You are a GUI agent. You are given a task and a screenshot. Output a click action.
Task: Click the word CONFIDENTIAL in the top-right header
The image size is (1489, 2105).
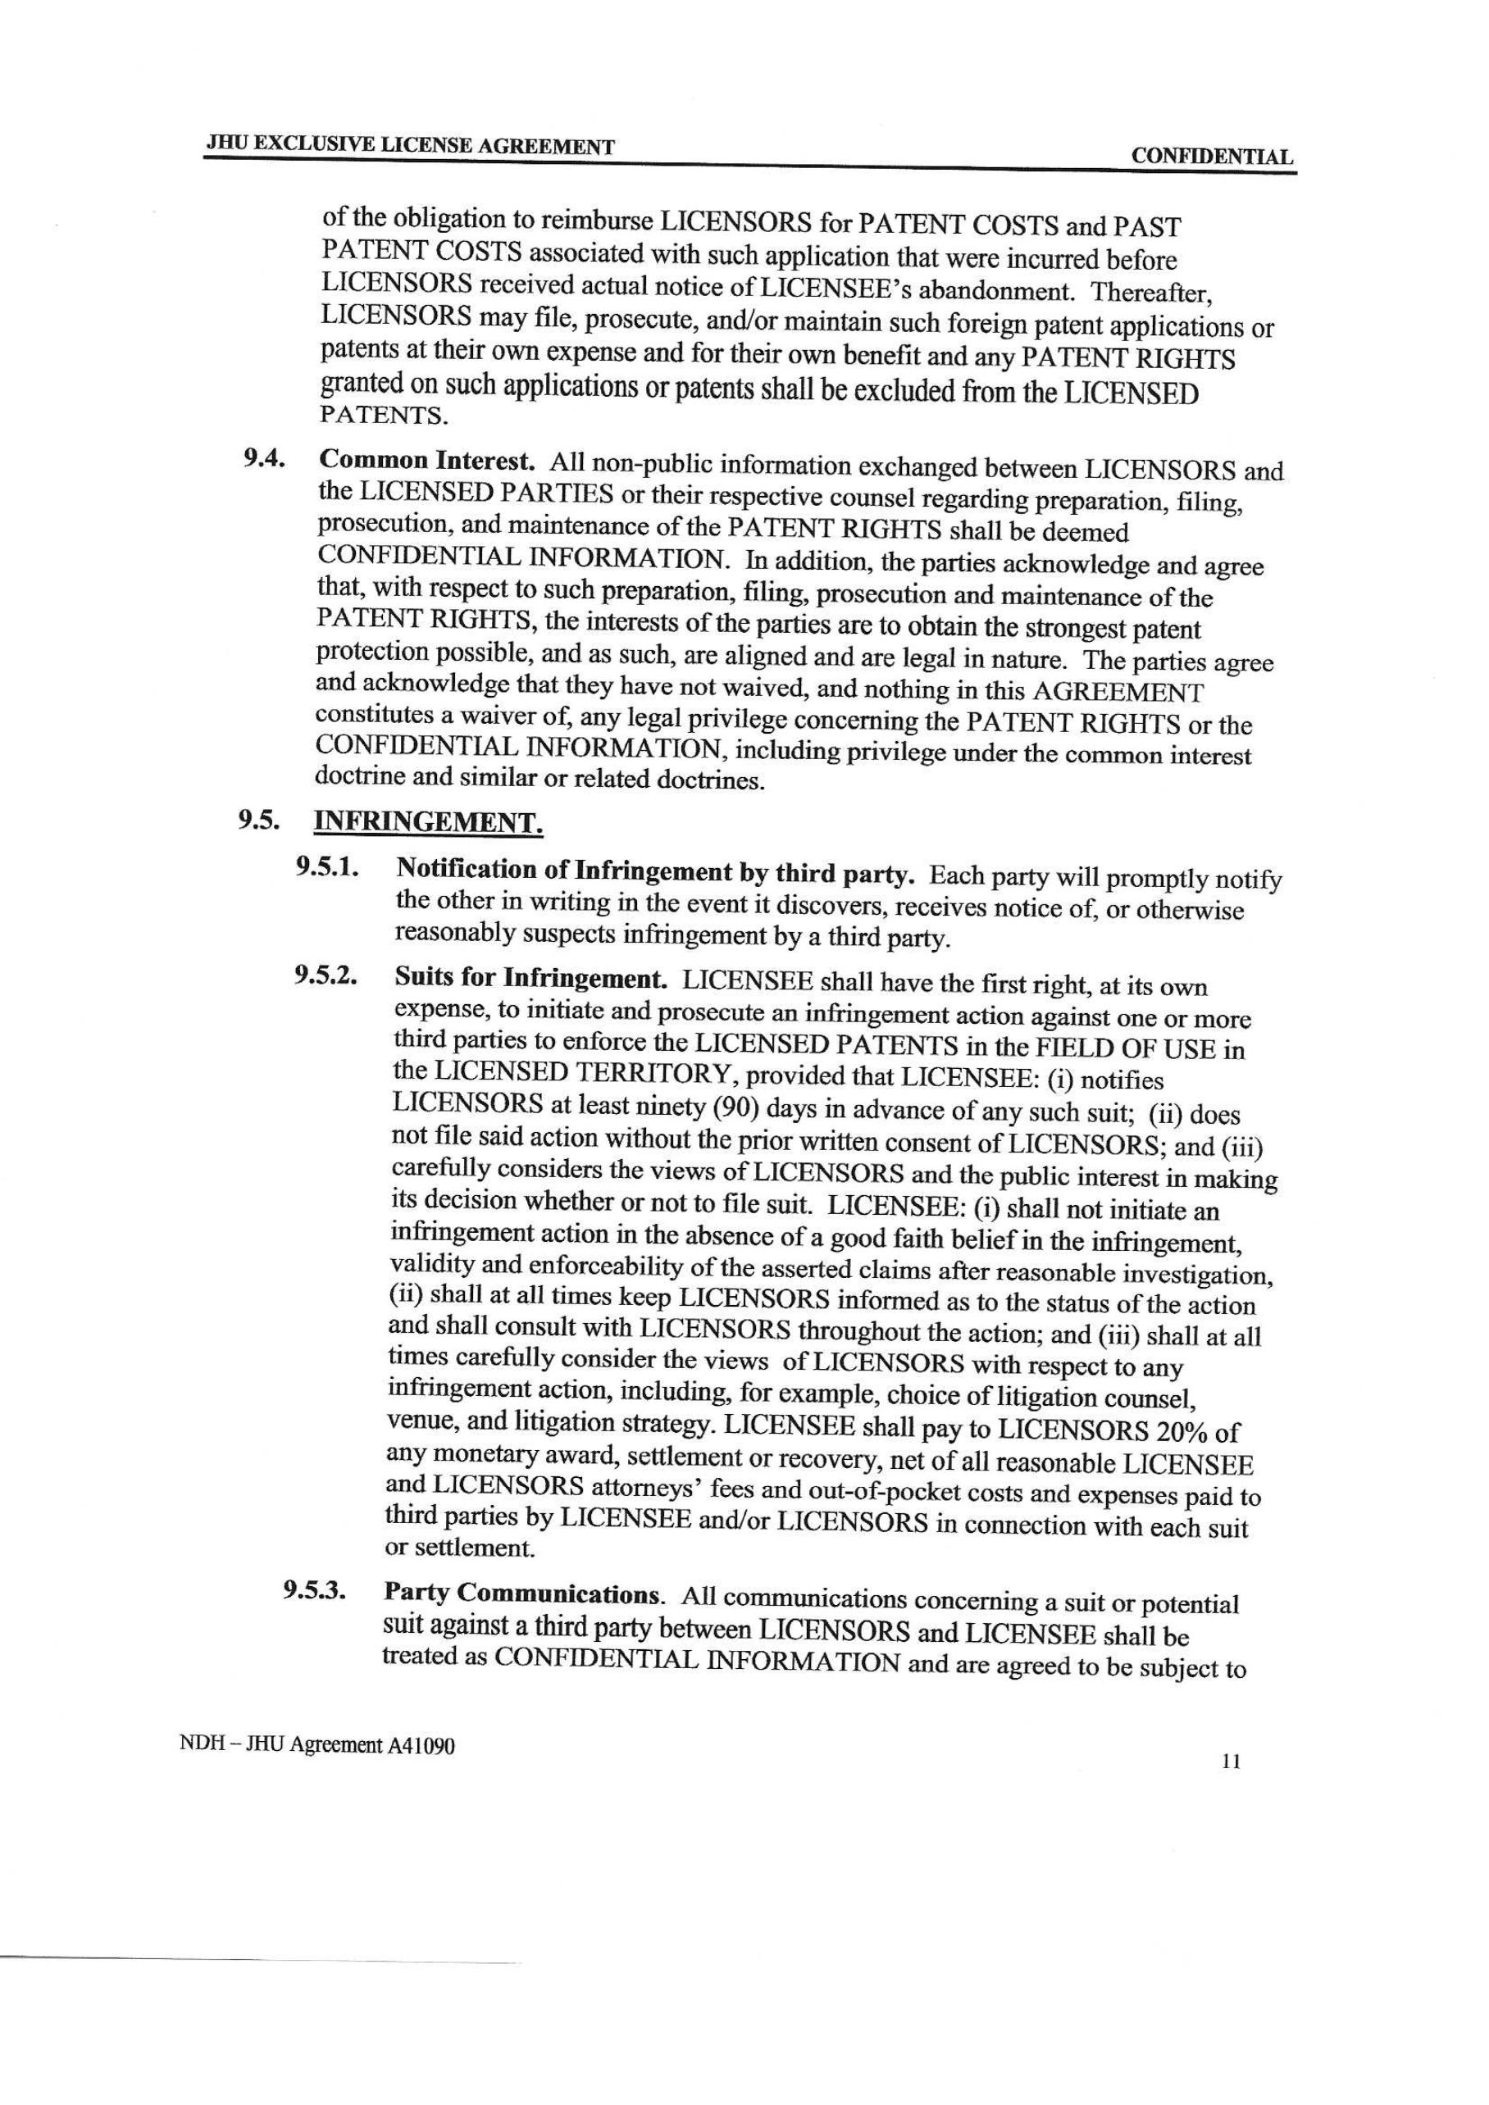[x=1211, y=156]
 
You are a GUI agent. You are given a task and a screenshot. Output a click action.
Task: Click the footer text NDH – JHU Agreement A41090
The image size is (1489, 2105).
[x=317, y=1744]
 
